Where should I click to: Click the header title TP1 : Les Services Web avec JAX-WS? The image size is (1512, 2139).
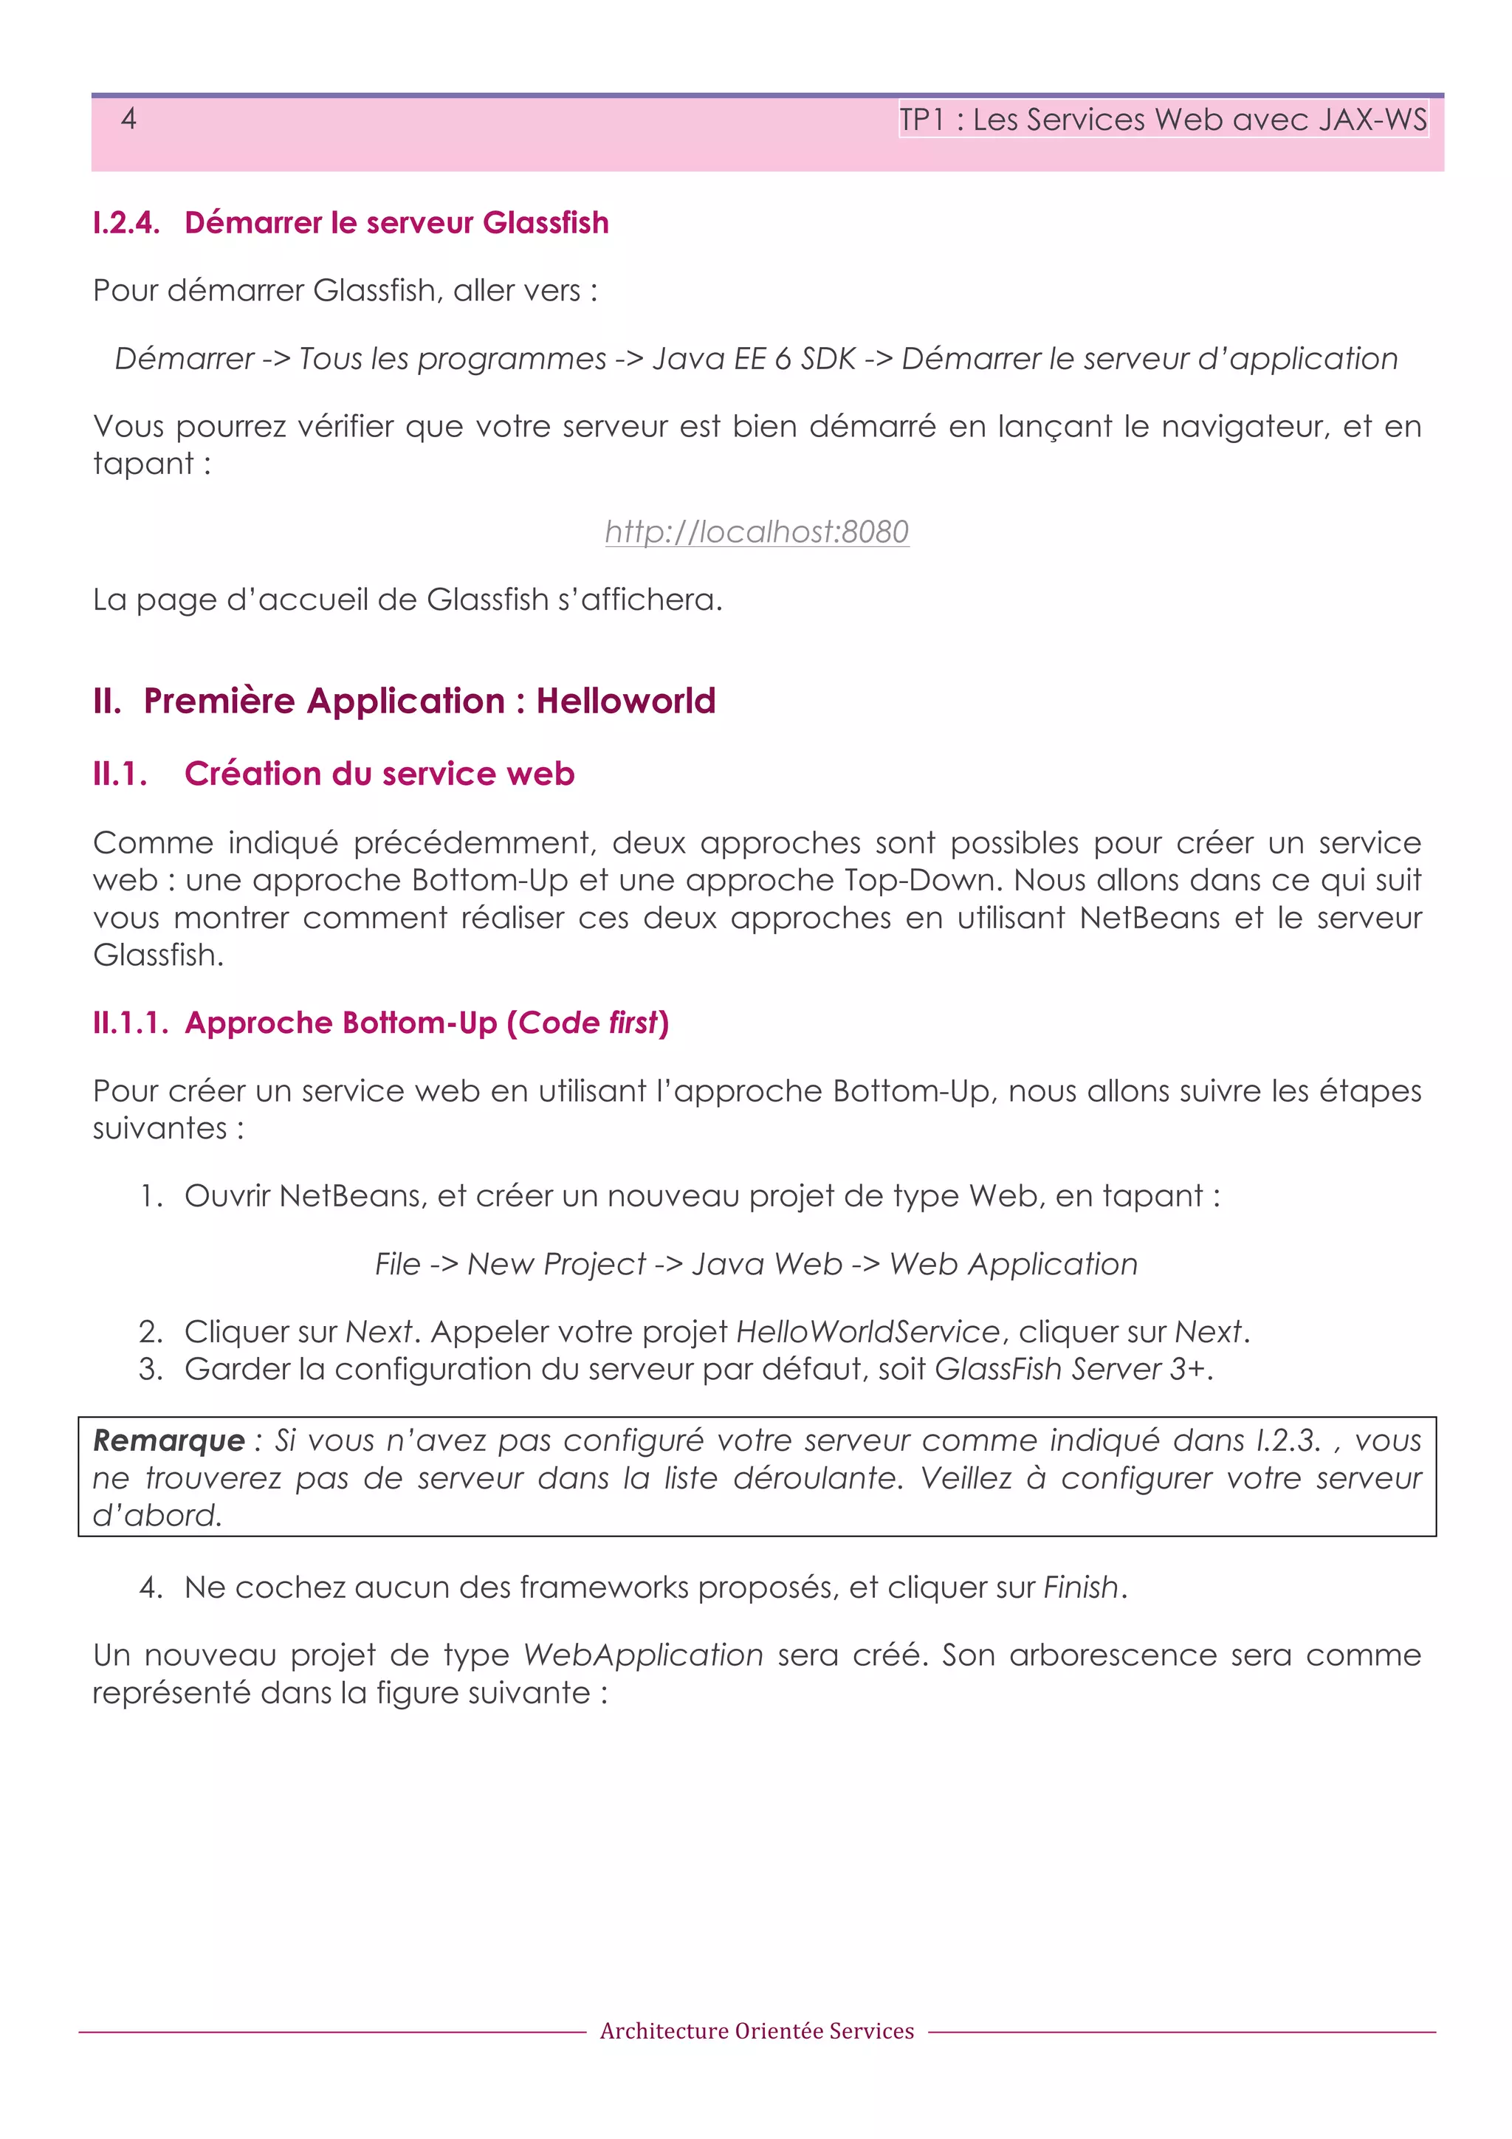click(1162, 120)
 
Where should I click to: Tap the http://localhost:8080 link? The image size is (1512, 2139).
click(757, 531)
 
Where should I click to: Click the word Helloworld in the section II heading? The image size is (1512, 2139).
click(625, 701)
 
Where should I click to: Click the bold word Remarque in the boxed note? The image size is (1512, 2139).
click(168, 1441)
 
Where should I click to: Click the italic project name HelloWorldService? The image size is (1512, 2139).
click(867, 1331)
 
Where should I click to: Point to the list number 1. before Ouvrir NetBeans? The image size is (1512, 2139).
click(151, 1195)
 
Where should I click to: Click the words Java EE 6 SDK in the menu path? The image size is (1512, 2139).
click(754, 359)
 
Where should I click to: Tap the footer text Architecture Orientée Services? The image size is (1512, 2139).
click(757, 2031)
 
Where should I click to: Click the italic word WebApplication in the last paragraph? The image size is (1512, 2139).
click(643, 1655)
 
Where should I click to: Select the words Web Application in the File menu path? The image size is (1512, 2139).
click(1013, 1263)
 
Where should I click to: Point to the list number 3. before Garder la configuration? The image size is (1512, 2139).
click(151, 1369)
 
